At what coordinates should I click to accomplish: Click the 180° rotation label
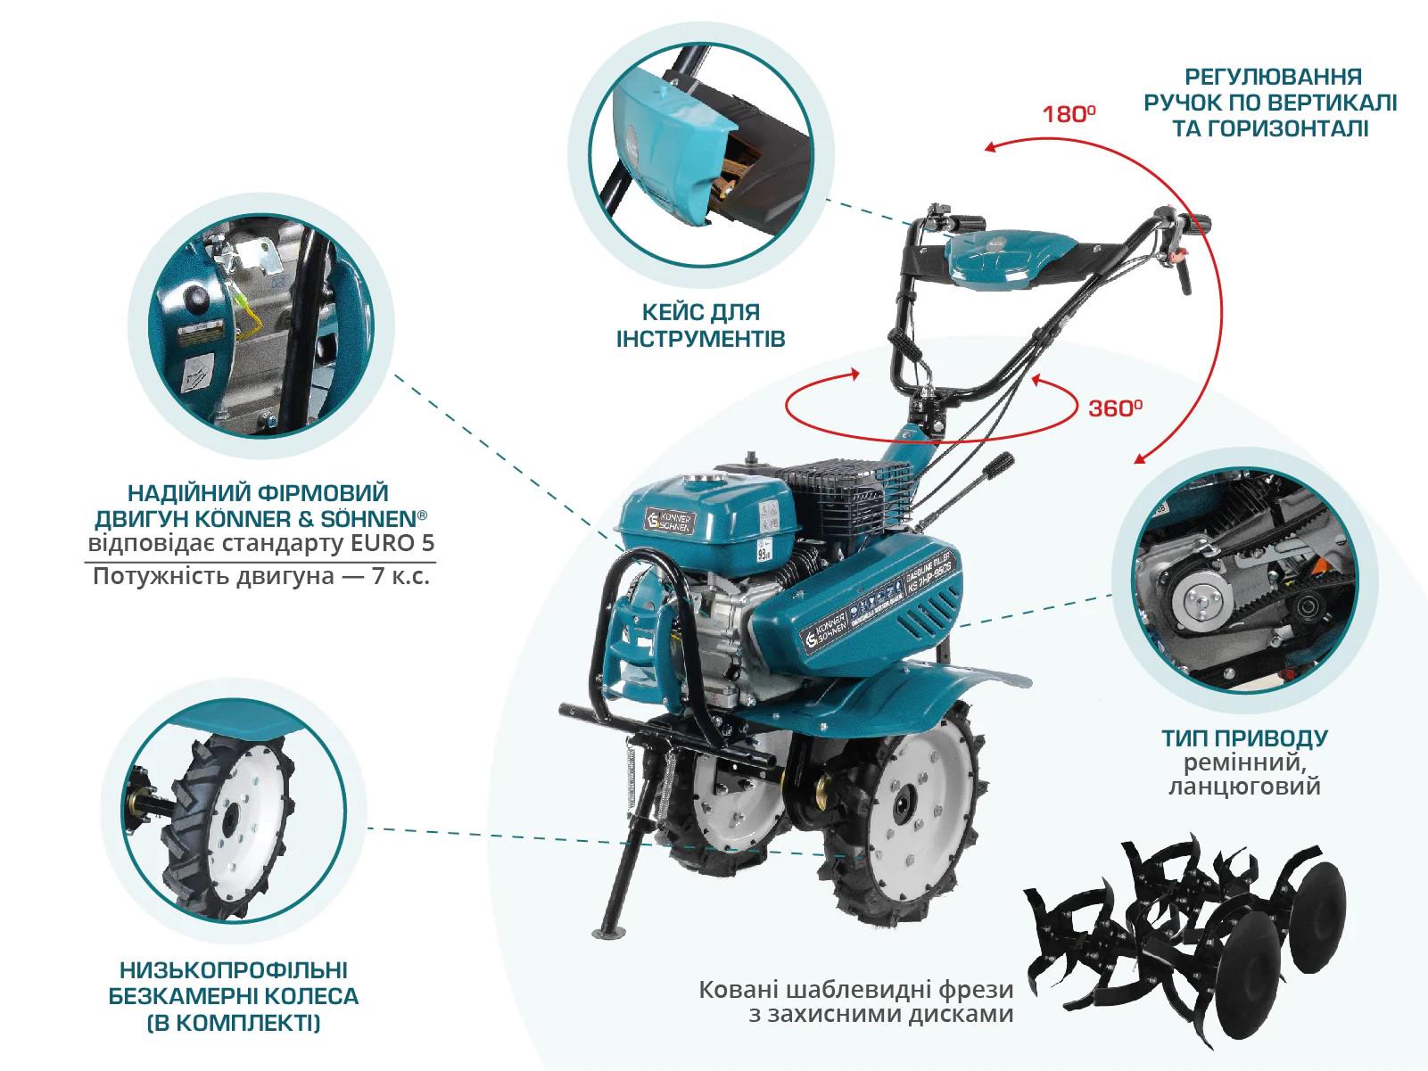point(1069,114)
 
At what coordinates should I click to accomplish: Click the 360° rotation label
point(1115,408)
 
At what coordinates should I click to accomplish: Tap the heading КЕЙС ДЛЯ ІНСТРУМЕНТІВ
point(700,325)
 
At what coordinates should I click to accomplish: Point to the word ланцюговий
point(1244,787)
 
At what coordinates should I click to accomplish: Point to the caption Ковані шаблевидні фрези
point(855,990)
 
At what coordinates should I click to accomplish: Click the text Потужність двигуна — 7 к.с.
point(261,576)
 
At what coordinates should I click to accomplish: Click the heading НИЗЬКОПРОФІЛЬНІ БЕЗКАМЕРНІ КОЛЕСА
point(233,981)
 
